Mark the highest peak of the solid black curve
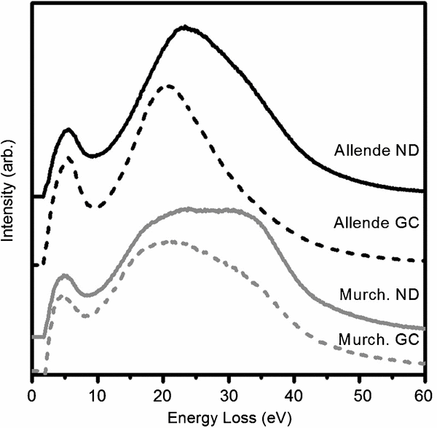[x=185, y=27]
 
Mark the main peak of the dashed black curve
[x=168, y=86]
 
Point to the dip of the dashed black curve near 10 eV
[x=93, y=207]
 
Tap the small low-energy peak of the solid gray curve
[x=64, y=276]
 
